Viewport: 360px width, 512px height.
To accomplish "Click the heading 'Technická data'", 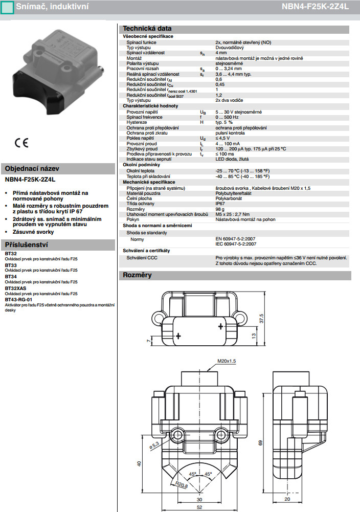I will [x=147, y=29].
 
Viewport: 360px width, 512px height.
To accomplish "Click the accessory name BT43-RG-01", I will [x=19, y=300].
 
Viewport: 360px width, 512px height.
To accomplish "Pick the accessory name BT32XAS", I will [x=17, y=288].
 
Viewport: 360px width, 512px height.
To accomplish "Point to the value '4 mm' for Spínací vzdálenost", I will [x=221, y=53].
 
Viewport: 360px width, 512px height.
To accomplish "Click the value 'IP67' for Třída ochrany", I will [x=220, y=203].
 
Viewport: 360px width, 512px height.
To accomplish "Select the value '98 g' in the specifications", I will [x=220, y=209].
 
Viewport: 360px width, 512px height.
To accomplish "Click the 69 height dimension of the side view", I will [x=260, y=443].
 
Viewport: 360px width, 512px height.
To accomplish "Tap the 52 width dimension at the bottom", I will [x=199, y=507].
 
